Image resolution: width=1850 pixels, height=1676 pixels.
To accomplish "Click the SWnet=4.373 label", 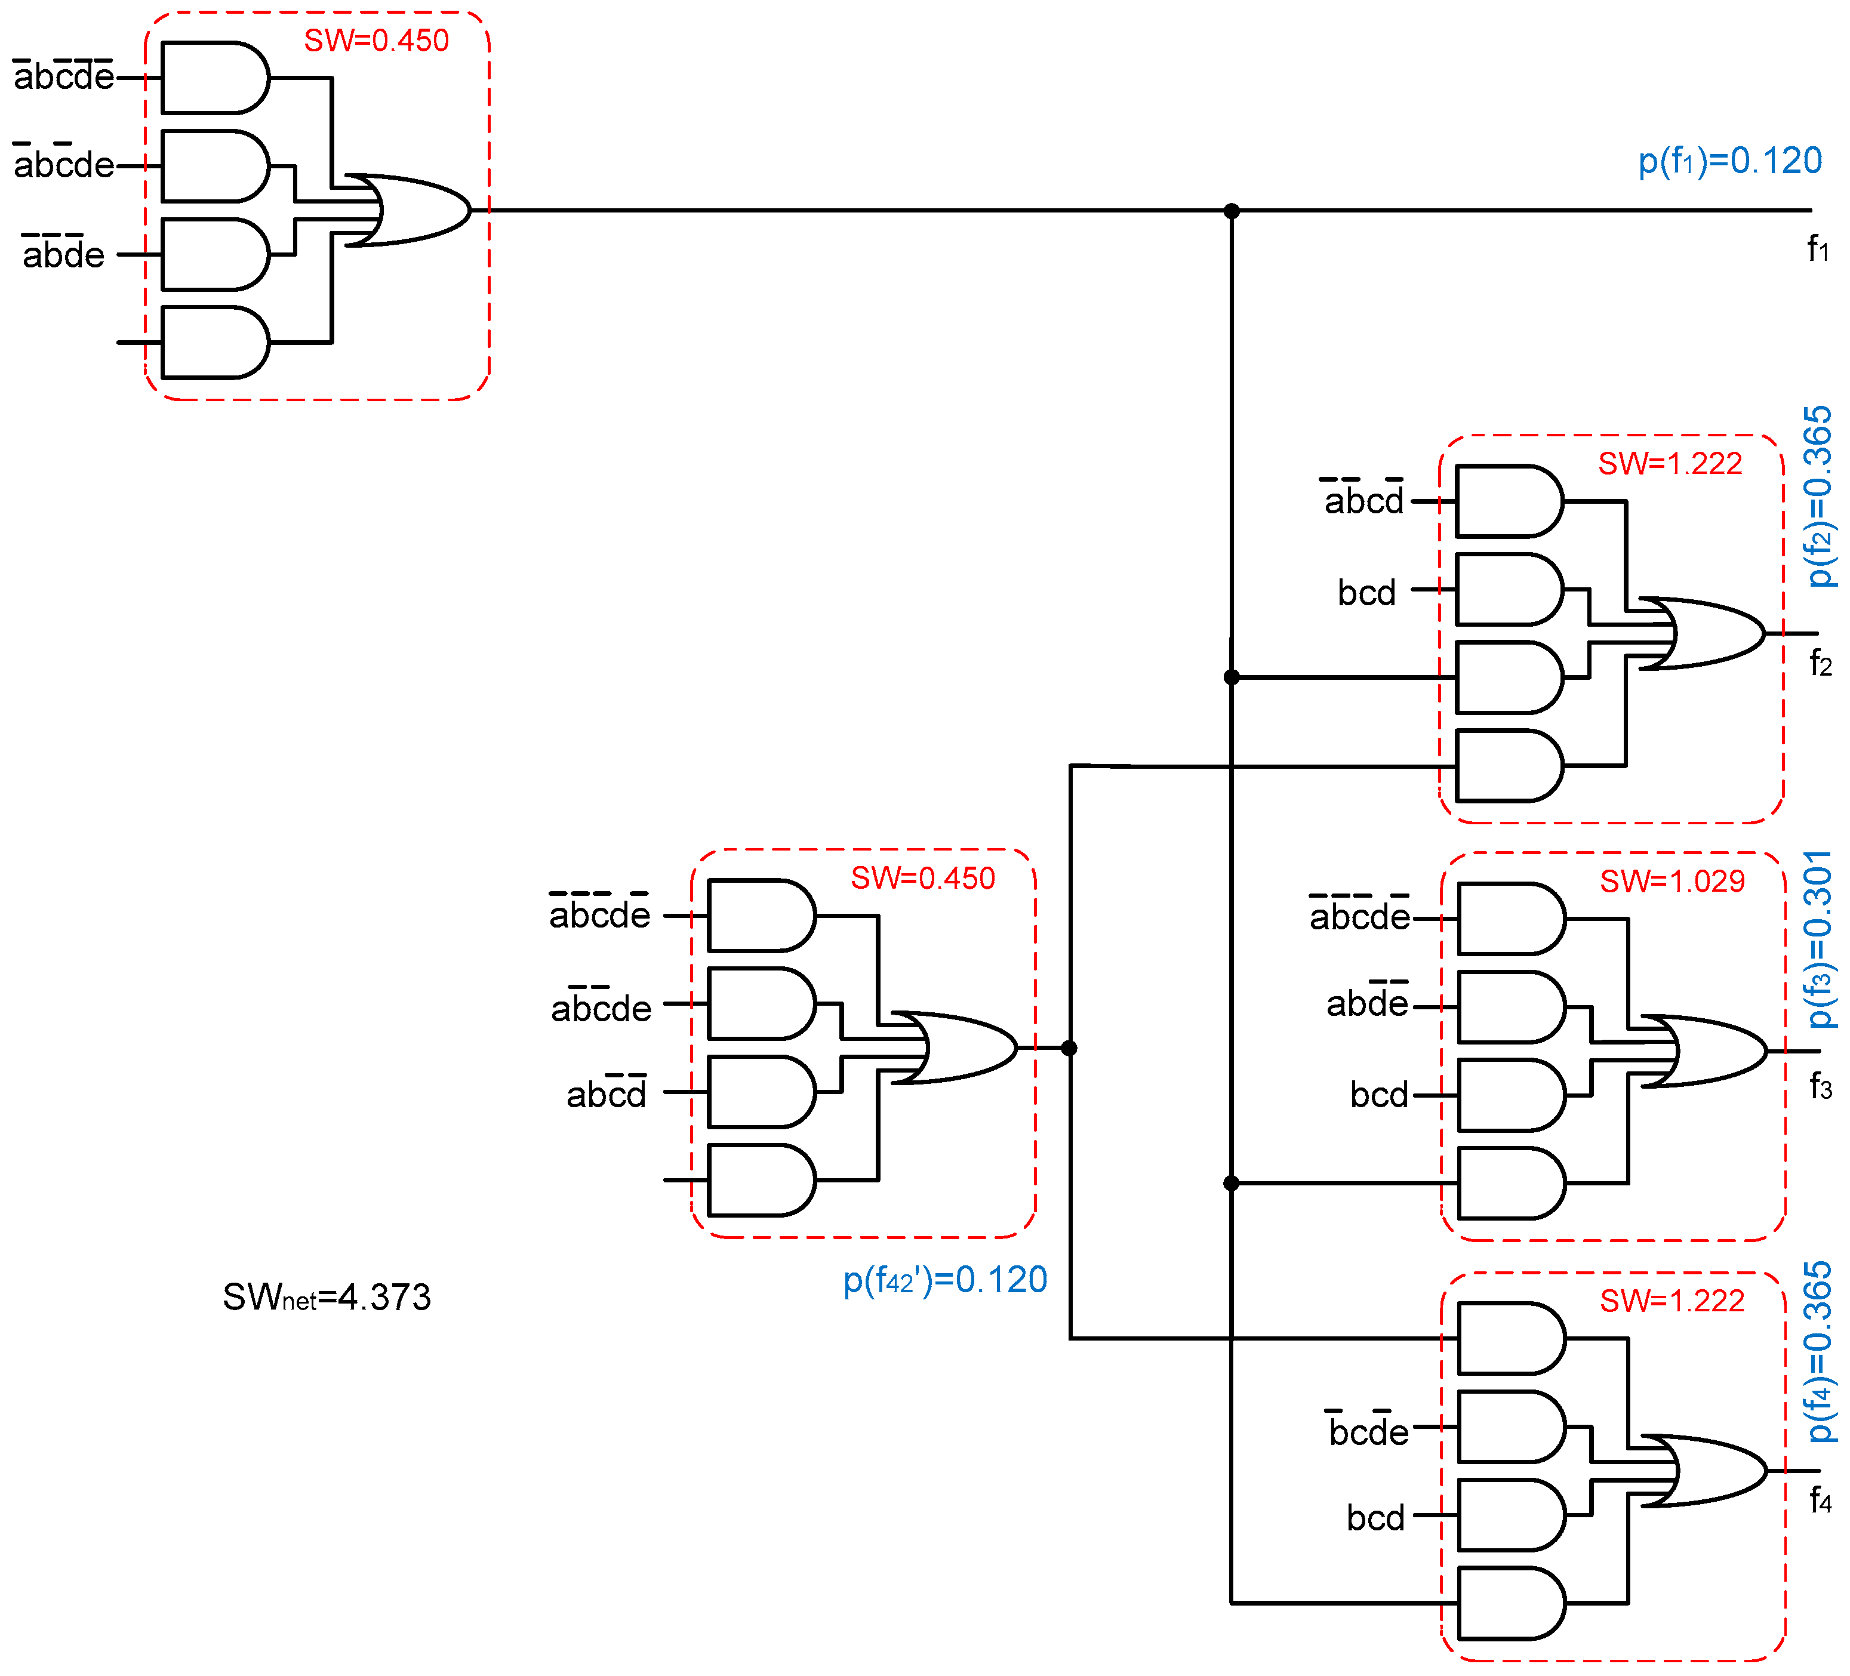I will tap(326, 1297).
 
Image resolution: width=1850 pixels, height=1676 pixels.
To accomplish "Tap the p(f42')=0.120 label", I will tap(944, 1280).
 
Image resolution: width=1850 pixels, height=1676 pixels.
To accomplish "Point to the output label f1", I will tap(1817, 249).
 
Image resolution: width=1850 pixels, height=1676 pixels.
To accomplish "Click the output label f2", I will tap(1820, 663).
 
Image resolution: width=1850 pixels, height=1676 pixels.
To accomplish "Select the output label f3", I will tap(1820, 1087).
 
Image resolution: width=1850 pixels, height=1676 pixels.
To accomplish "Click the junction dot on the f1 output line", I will tap(1232, 211).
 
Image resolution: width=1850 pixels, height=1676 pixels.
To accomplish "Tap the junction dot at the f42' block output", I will tap(1069, 1047).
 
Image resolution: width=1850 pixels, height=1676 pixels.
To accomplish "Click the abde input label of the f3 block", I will tap(1366, 1003).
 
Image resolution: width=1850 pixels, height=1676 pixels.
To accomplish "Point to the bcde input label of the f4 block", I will tap(1367, 1431).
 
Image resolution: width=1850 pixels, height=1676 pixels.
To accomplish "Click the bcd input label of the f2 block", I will tap(1366, 593).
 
